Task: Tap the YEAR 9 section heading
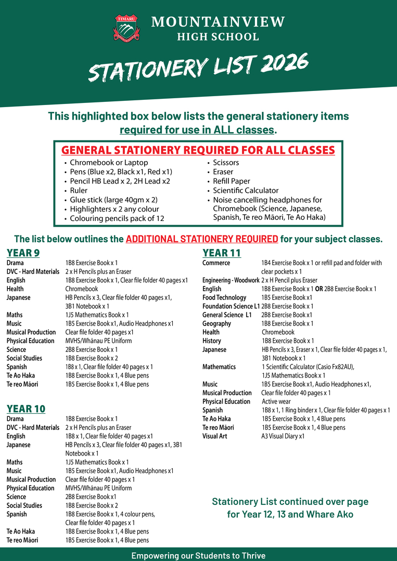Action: pos(23,253)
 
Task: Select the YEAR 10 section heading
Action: pos(26,409)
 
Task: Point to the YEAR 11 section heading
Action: pos(222,253)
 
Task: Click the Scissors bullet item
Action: pos(226,162)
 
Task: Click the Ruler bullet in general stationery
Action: pos(79,190)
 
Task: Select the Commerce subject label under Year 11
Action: pos(216,263)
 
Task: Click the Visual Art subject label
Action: pos(215,436)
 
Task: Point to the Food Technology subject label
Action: pos(224,297)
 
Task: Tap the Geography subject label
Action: pos(217,323)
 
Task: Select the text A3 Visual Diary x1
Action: pos(283,436)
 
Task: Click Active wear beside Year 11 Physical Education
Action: pos(276,401)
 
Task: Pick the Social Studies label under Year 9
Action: pos(24,358)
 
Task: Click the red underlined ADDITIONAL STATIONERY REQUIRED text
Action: pos(202,240)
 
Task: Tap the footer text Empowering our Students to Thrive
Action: pos(198,555)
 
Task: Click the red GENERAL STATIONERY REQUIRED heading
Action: pos(198,150)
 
